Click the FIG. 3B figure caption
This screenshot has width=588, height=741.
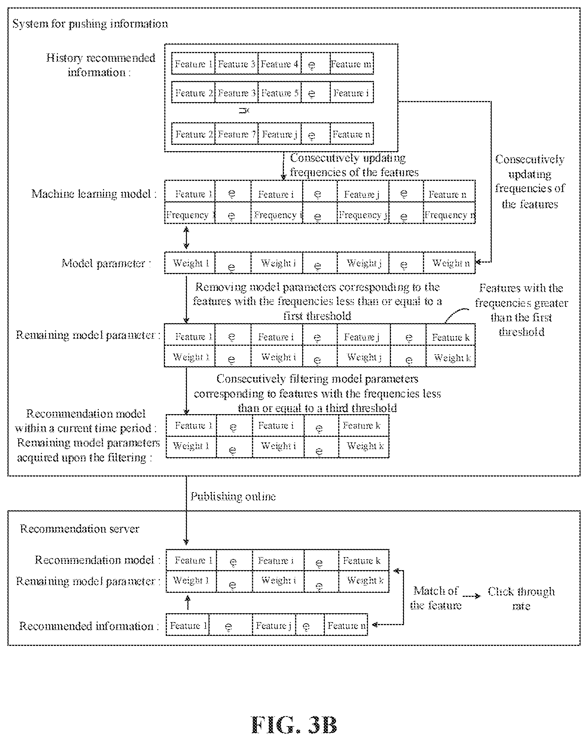tap(294, 725)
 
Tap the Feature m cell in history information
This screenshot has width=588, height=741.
tap(352, 64)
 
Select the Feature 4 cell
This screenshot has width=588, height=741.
tap(279, 64)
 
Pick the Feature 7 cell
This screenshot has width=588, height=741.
tap(236, 134)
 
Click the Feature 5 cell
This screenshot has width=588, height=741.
tap(279, 92)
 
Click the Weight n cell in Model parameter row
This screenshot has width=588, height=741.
tap(449, 263)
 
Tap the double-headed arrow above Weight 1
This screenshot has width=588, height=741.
tap(187, 238)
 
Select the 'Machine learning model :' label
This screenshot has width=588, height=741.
tap(94, 194)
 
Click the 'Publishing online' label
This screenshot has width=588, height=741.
tap(233, 496)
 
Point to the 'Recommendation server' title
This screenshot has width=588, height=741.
tap(80, 529)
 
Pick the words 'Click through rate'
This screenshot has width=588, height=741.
tap(521, 598)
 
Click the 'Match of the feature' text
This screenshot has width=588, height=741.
tap(436, 598)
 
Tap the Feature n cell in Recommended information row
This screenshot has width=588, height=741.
tap(346, 625)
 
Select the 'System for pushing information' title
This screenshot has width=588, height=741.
tap(90, 24)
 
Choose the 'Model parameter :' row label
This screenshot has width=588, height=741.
tap(106, 263)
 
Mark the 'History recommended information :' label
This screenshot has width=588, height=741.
tap(100, 65)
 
